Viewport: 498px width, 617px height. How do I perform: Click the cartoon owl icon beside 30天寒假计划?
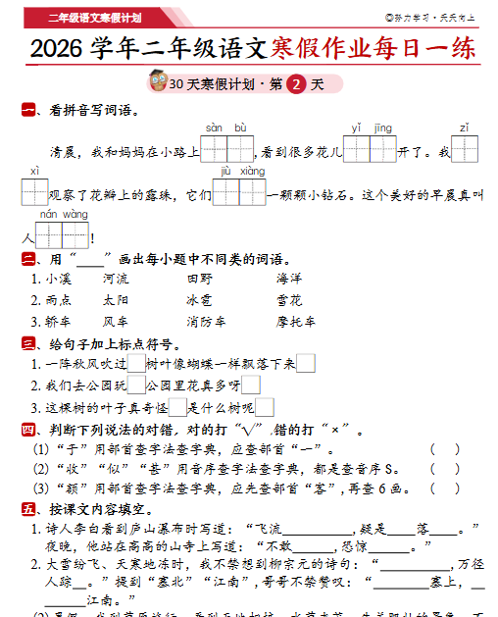pos(156,82)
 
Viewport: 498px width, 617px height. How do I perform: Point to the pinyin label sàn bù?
pos(226,128)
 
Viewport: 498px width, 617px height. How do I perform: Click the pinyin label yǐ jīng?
pos(371,128)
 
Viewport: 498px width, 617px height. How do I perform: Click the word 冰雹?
pos(199,300)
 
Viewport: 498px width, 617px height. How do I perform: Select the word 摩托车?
pos(295,321)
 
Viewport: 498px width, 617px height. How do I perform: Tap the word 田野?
pos(199,279)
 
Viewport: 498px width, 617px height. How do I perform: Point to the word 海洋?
pos(288,279)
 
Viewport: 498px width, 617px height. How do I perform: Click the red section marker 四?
pos(28,430)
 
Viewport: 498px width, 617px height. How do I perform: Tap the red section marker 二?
pos(28,259)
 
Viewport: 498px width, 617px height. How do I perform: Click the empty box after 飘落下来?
pos(305,364)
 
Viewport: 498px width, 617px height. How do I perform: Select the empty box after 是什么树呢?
pos(264,408)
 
